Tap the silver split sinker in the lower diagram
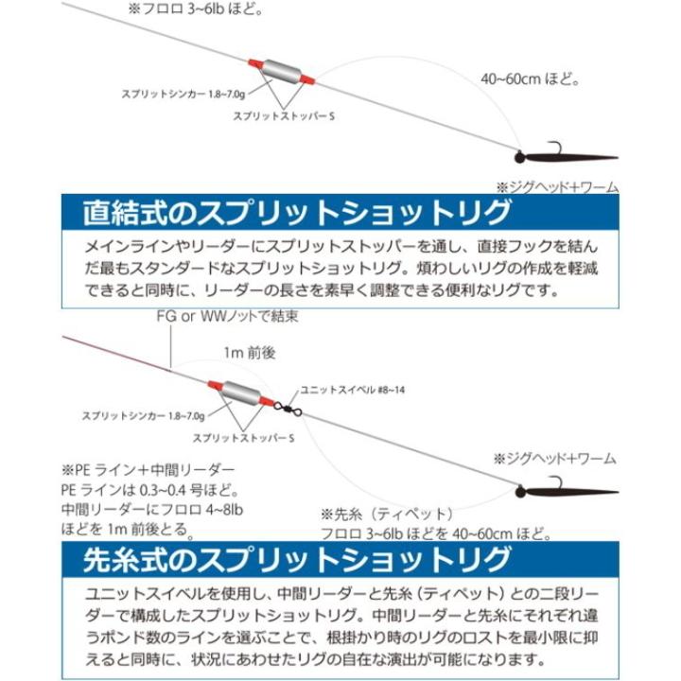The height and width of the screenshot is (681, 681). (x=242, y=391)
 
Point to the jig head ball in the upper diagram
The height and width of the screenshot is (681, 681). (x=522, y=154)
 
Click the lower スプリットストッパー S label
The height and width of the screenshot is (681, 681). (x=244, y=438)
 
